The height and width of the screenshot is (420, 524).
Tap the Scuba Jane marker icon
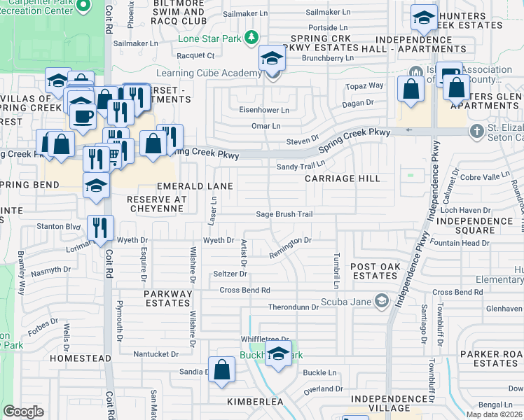click(x=381, y=301)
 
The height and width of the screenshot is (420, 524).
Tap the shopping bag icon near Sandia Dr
click(x=221, y=369)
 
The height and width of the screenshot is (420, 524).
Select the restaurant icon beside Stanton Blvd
click(x=100, y=227)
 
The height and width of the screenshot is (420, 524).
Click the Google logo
click(x=23, y=412)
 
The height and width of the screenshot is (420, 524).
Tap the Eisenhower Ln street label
click(x=264, y=111)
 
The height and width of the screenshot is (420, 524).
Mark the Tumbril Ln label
click(x=337, y=269)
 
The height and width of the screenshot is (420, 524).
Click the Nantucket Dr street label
click(x=156, y=354)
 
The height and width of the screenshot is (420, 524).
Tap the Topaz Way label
click(x=364, y=86)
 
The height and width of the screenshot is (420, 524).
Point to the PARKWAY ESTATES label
click(x=168, y=298)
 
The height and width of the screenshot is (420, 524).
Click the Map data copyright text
click(x=495, y=414)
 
